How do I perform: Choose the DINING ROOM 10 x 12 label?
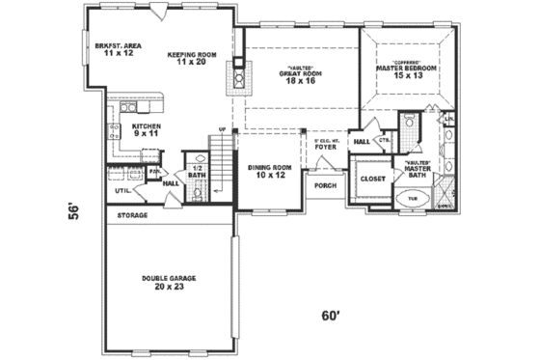[271, 171]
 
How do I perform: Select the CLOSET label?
[372, 179]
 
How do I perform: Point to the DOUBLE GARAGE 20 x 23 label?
[169, 282]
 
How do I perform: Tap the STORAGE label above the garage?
[132, 215]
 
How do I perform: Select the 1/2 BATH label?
[197, 173]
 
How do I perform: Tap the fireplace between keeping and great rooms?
[236, 75]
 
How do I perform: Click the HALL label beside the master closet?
[362, 142]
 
